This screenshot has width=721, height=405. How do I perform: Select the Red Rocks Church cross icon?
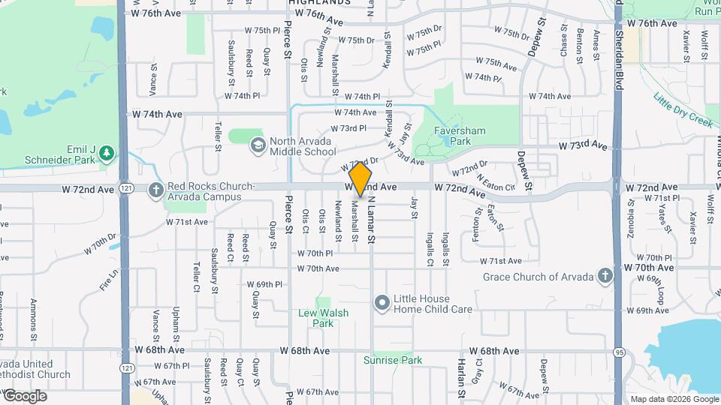156,190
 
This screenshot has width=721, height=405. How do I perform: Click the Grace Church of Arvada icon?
605,277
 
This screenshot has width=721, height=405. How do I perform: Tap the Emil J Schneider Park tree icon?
107,154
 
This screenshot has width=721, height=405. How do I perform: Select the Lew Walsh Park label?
322,318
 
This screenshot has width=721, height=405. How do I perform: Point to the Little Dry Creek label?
682,109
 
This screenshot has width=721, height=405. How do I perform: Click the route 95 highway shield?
620,351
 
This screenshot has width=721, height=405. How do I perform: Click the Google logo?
25,396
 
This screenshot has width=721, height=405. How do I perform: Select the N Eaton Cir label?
496,182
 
